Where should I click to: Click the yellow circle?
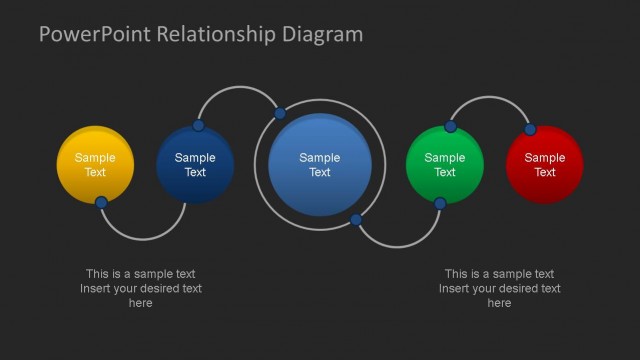[95, 164]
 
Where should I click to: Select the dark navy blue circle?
[195, 165]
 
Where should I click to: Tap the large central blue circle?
[320, 165]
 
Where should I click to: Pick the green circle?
[445, 165]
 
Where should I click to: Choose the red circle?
[544, 165]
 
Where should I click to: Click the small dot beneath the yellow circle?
[101, 203]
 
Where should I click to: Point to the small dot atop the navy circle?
[198, 126]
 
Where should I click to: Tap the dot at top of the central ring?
[280, 112]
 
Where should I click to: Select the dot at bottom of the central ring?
[355, 219]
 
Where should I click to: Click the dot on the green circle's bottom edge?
[440, 204]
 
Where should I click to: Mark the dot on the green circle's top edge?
[451, 127]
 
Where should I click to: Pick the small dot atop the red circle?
[530, 129]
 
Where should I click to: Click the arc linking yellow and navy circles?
[143, 239]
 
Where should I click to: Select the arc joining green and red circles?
[490, 97]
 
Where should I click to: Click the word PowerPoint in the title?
[90, 35]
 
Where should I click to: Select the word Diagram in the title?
[322, 35]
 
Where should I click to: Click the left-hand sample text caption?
[141, 288]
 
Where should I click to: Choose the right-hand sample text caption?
[499, 288]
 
